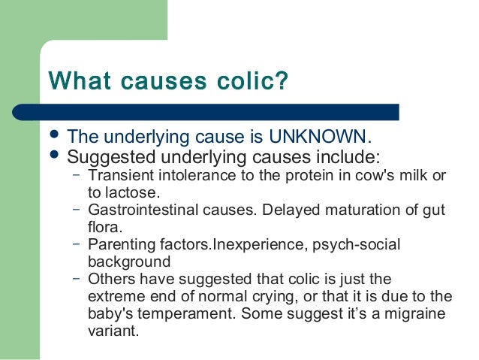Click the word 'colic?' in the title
[x=254, y=80]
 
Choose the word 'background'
[x=129, y=262]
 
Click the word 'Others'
[x=111, y=280]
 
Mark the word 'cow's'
[x=369, y=175]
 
